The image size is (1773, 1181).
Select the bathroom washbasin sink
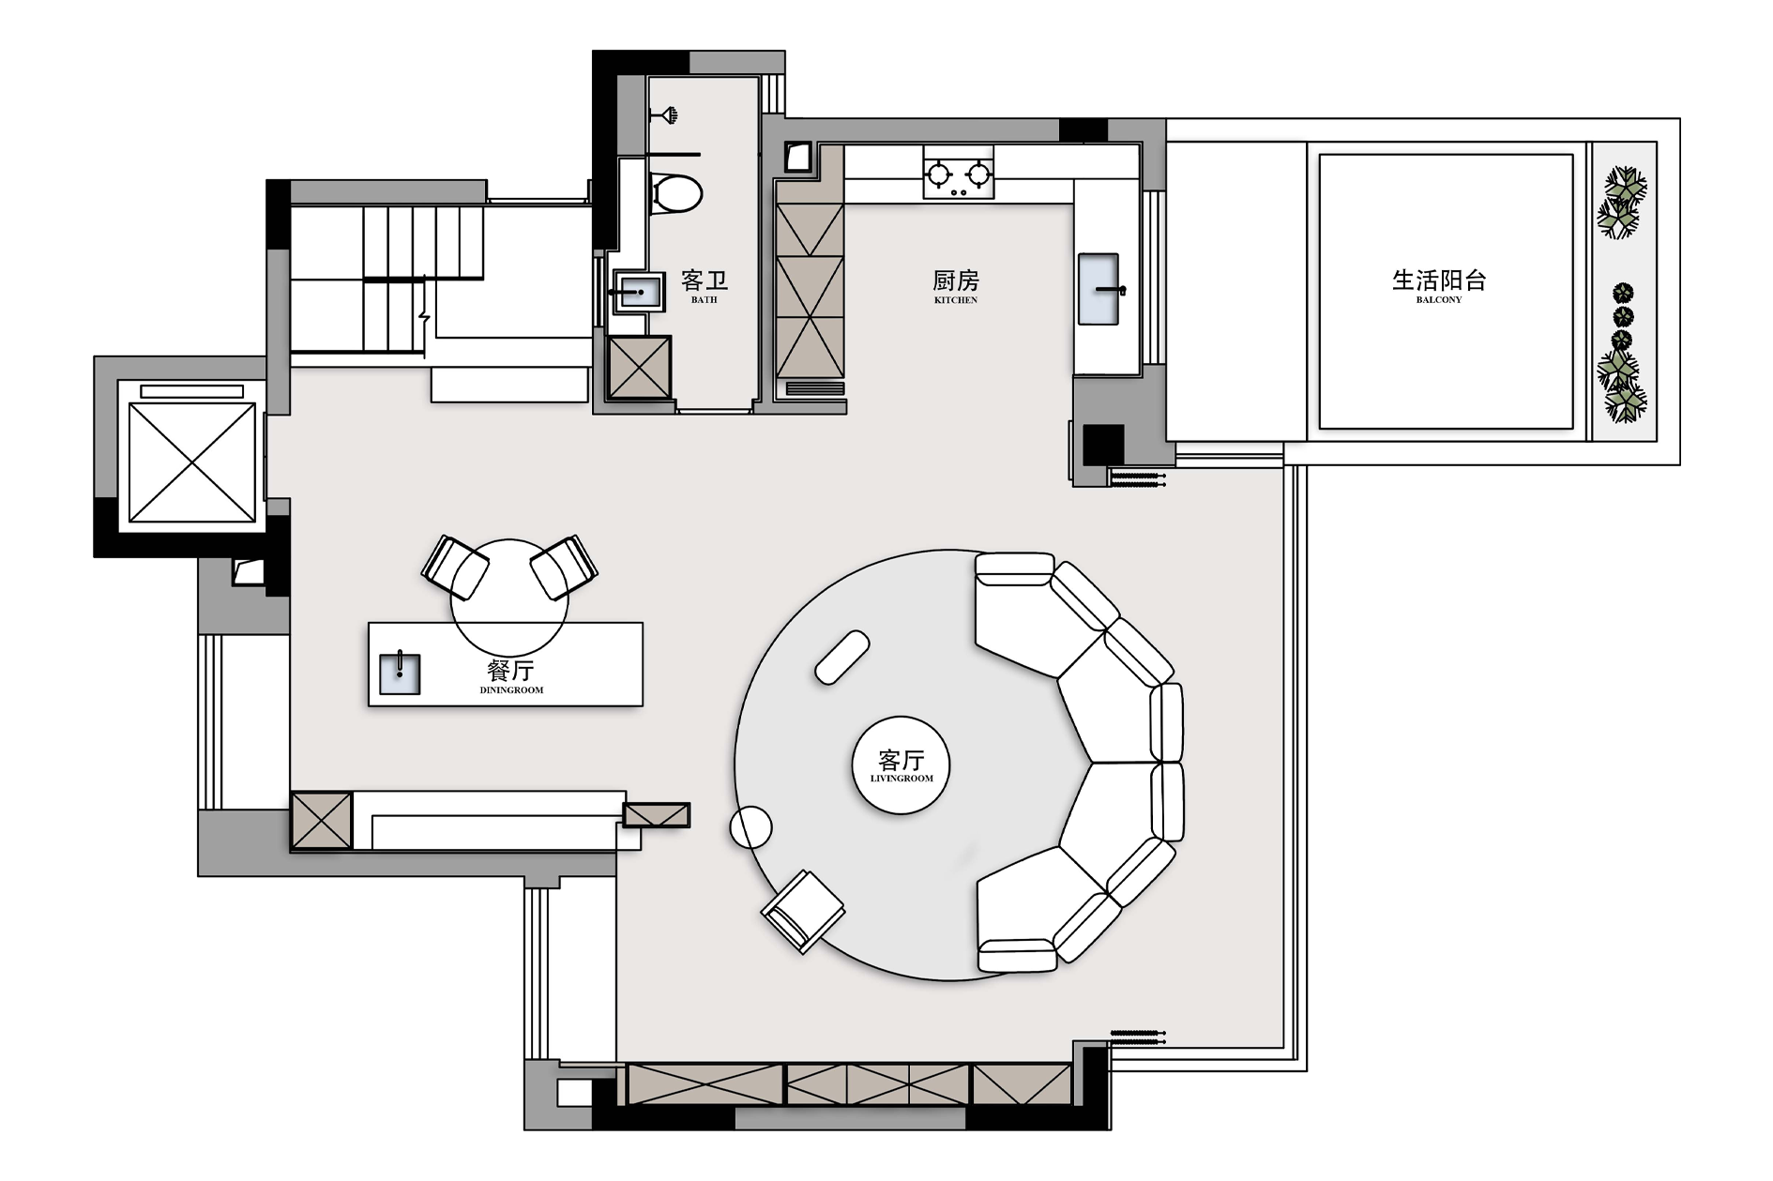tap(638, 292)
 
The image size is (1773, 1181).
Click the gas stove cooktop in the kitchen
tap(958, 173)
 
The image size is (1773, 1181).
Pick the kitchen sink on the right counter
tap(1099, 289)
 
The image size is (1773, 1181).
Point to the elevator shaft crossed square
tap(191, 462)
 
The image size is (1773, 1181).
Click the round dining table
tap(509, 597)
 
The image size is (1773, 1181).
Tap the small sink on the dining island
tap(399, 674)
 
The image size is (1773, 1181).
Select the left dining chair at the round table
tap(454, 566)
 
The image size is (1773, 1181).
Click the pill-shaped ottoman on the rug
tap(842, 658)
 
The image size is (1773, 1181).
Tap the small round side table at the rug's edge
tap(750, 828)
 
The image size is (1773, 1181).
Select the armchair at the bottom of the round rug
tap(802, 911)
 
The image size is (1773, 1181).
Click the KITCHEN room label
tap(956, 300)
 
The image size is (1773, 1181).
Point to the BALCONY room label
tap(1439, 300)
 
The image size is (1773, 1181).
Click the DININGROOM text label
tap(511, 690)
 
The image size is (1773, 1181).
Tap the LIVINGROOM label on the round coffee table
tap(902, 779)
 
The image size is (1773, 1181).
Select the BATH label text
tap(704, 300)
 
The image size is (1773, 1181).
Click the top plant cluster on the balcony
tap(1622, 202)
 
